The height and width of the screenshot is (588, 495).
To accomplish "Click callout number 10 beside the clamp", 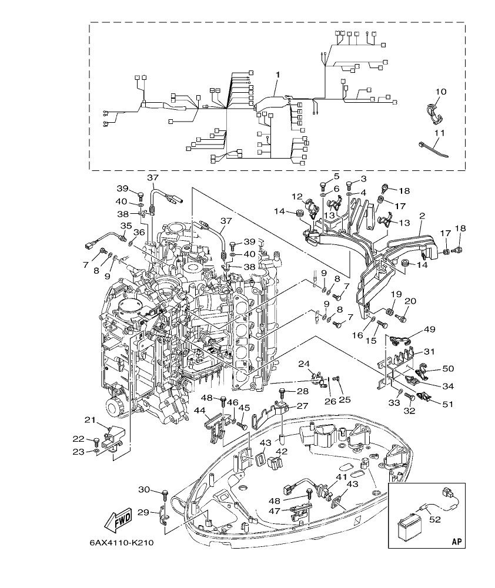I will tap(441, 92).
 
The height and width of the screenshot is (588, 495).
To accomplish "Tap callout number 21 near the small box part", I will tap(89, 419).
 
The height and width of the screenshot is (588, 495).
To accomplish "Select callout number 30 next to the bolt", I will tap(144, 490).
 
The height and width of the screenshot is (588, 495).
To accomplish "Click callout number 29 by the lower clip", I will tap(143, 512).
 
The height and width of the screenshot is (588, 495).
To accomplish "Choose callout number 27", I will tap(302, 406).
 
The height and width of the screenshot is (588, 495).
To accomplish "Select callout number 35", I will tap(126, 226).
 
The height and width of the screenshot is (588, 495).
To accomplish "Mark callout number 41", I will tap(342, 478).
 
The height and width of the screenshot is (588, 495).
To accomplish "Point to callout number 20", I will tap(410, 301).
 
